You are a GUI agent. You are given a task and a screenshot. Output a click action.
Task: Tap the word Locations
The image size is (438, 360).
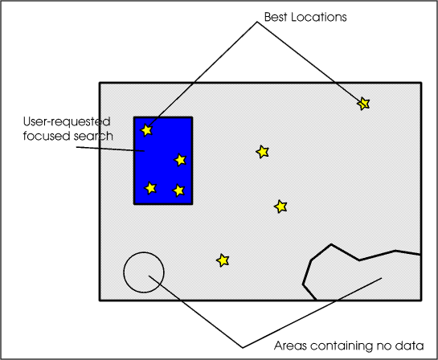319,17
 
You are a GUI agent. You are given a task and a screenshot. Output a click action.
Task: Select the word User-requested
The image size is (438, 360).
67,122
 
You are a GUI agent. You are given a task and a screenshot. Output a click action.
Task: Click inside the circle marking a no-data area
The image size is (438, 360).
144,272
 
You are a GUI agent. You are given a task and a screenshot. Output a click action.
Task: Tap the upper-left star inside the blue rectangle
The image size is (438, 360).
146,130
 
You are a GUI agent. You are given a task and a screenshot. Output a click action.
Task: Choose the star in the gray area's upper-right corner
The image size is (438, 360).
363,104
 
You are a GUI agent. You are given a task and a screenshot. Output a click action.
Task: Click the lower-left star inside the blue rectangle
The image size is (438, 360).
150,188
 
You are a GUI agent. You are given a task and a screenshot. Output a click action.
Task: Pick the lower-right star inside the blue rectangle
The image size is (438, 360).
178,190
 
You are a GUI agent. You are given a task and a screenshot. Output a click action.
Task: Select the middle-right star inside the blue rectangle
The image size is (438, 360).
180,160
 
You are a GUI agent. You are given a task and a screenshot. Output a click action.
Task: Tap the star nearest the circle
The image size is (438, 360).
223,260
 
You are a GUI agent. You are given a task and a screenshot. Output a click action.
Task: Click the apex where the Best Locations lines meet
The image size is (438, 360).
257,22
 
